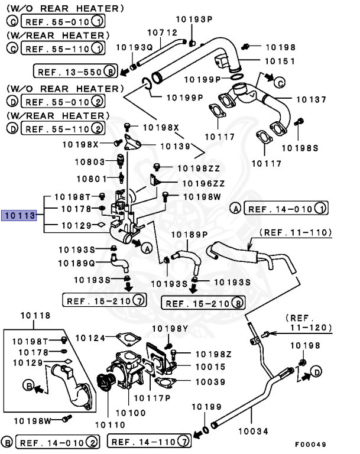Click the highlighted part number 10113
(20, 216)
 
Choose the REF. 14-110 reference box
(150, 441)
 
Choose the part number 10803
(90, 161)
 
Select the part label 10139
(175, 145)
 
